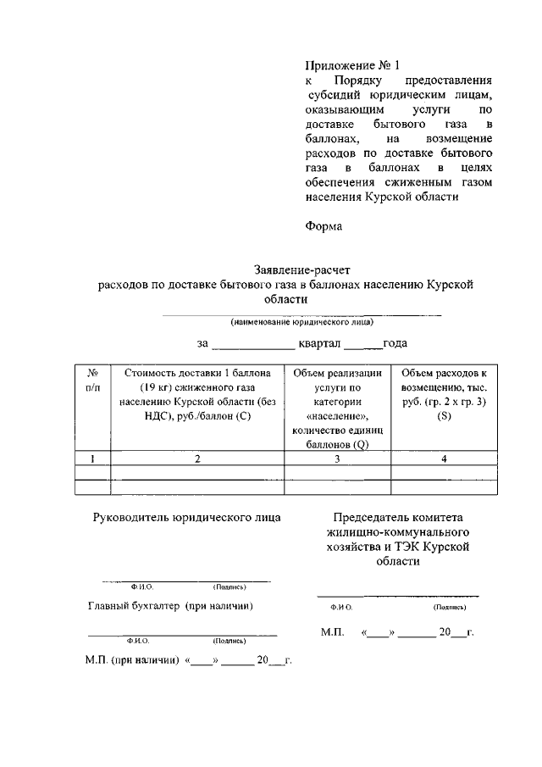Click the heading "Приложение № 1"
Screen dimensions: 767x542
pyautogui.click(x=351, y=64)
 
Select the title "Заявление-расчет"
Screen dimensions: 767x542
pyautogui.click(x=290, y=270)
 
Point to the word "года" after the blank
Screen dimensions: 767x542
pyautogui.click(x=395, y=343)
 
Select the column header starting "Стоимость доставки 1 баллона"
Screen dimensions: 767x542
pyautogui.click(x=197, y=395)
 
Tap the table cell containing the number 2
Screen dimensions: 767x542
pyautogui.click(x=197, y=459)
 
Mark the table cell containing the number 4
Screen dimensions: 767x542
pyautogui.click(x=445, y=459)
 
